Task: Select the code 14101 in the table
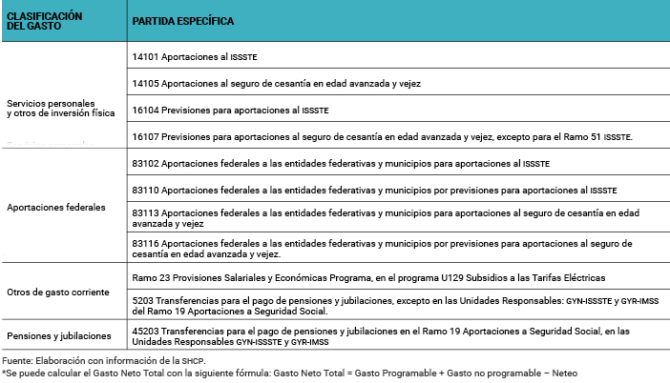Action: point(146,57)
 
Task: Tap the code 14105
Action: point(146,84)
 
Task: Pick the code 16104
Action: point(146,111)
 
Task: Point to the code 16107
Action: point(146,137)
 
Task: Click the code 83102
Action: point(146,164)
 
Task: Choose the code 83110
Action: point(146,191)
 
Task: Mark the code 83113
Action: point(146,213)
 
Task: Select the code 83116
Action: point(146,244)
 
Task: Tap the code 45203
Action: point(146,331)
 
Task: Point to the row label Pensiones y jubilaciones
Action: point(59,336)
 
